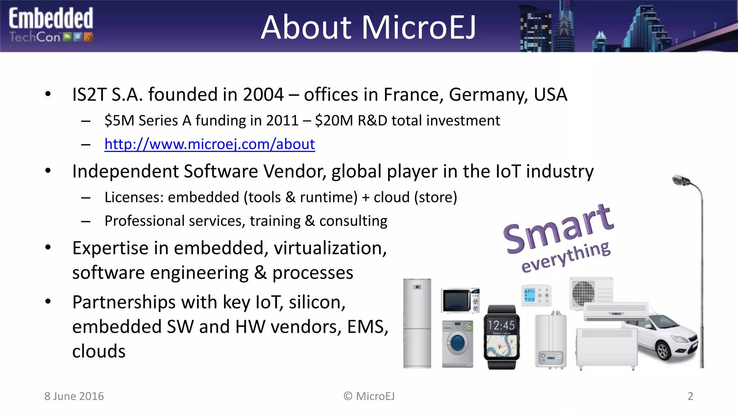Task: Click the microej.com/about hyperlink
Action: tap(209, 144)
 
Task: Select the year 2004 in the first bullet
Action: tap(263, 95)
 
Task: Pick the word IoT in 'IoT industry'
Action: tap(508, 171)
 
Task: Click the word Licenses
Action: tap(134, 197)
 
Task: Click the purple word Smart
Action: tap(558, 229)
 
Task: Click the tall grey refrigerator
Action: tap(417, 323)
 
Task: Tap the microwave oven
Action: tap(460, 300)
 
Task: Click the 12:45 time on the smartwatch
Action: tap(501, 326)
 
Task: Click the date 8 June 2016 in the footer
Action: tap(74, 396)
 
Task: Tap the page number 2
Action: tap(690, 396)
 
